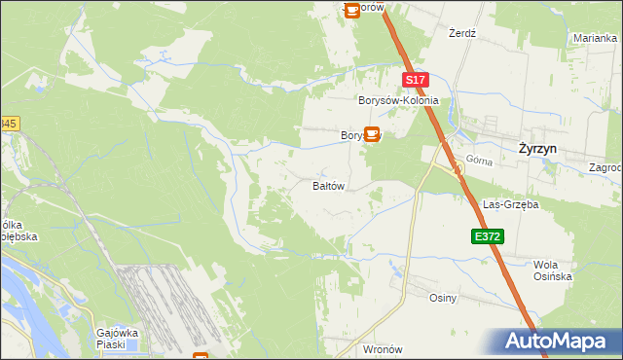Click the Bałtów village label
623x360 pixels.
point(328,186)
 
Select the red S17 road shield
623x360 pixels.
point(415,81)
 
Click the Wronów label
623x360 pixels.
point(382,348)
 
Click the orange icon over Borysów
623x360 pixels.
point(372,134)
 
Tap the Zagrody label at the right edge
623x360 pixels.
point(606,167)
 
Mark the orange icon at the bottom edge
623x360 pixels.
point(201,356)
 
